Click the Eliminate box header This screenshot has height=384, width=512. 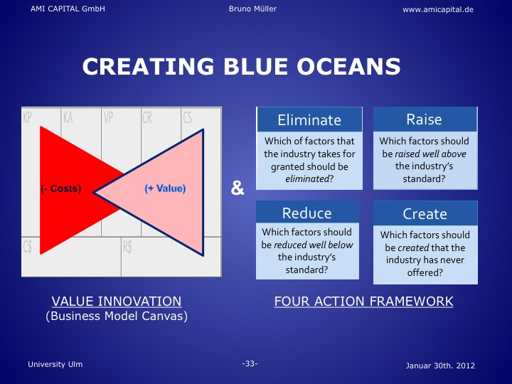(x=309, y=119)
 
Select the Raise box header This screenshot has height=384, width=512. (x=425, y=119)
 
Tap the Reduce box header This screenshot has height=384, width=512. (x=307, y=212)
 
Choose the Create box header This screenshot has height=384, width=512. (x=425, y=213)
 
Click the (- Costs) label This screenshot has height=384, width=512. (x=61, y=188)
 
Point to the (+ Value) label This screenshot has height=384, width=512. (x=165, y=188)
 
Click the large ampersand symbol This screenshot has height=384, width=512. (x=238, y=188)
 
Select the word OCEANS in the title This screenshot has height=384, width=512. (x=348, y=66)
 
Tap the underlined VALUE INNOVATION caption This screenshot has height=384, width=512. (x=117, y=301)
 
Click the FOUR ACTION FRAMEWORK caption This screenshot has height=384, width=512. (x=364, y=301)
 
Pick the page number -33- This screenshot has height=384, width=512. (x=250, y=363)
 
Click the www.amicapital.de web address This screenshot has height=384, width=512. (x=438, y=9)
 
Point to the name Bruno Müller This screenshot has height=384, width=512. (x=252, y=9)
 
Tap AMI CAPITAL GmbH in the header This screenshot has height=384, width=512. (x=68, y=9)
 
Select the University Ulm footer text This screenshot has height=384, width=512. (x=55, y=364)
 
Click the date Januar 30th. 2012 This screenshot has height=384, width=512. (x=440, y=366)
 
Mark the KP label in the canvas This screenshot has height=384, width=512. (x=28, y=117)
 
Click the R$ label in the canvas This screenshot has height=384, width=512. (x=127, y=247)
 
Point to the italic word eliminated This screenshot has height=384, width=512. (x=306, y=179)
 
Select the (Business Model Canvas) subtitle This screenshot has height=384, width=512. (x=117, y=316)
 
